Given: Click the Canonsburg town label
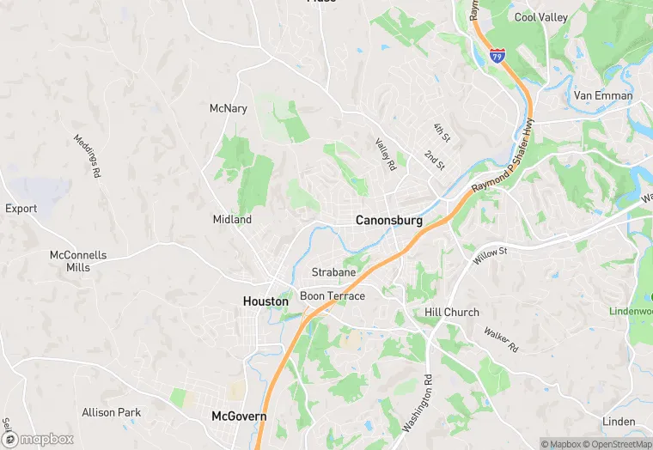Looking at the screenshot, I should coord(389,221).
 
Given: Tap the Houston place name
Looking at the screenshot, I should coord(265,301).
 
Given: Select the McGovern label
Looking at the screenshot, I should coord(239,417).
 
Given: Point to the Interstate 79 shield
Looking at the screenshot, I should coord(498,55).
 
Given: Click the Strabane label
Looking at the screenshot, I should coord(333,272).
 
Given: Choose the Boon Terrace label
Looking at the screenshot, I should coord(333,296).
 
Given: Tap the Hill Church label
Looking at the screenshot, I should coord(452,313).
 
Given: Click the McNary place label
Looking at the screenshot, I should coord(228,108).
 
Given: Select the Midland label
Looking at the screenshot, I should coord(232,220).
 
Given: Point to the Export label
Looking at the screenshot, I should coord(21,209).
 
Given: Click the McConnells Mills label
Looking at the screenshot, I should coord(78,261).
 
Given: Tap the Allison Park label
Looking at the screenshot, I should coord(111,412).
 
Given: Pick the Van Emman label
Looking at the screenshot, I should coord(603,95).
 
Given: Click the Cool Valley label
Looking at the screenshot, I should coord(540,17).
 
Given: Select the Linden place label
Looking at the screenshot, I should coord(619,422).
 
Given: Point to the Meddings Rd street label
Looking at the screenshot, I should coord(87,155).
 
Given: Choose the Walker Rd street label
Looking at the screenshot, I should coord(501,339).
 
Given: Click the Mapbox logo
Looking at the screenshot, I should coord(39,439).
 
